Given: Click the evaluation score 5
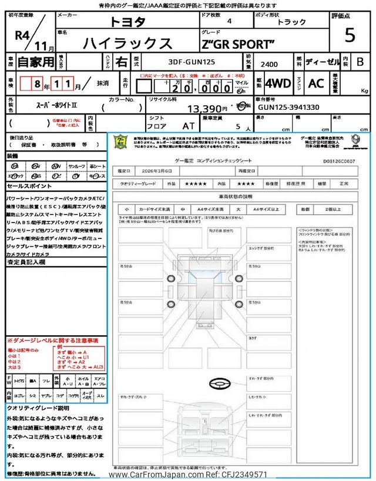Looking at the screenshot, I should coord(350,36).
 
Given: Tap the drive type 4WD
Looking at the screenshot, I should coord(278,83).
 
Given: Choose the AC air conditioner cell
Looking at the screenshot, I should coord(316,83).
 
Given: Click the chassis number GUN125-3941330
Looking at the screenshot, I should coord(288,107).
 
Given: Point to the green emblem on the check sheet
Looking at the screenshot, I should coord(120,142).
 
